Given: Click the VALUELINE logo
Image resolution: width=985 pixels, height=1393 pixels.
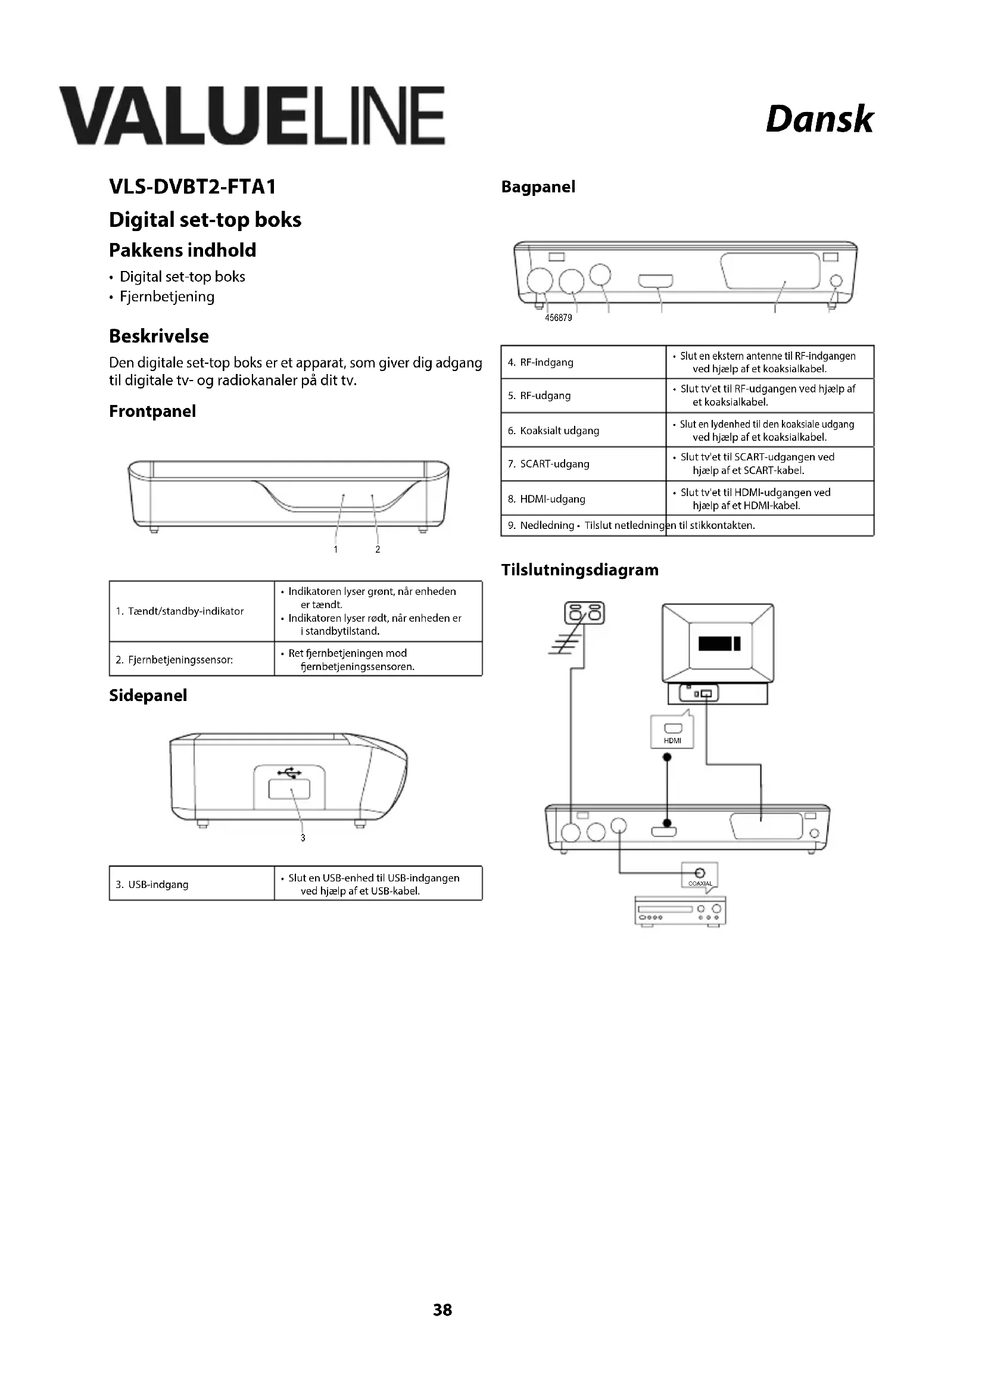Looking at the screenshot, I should [252, 116].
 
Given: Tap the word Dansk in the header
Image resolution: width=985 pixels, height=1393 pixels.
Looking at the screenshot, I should [819, 119].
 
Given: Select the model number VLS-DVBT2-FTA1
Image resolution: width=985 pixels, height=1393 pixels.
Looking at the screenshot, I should [192, 186].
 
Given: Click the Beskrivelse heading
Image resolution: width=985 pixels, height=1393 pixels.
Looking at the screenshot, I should [159, 336].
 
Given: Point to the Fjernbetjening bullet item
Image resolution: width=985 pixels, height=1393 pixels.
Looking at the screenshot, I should [167, 297].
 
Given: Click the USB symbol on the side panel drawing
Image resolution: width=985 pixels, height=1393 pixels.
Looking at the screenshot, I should [289, 773].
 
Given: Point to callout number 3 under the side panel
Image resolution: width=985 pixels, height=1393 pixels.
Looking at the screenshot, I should [303, 838].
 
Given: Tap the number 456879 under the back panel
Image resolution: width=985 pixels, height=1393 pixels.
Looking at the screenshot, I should [558, 318].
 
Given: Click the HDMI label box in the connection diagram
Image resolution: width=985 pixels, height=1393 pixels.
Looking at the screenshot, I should [672, 732].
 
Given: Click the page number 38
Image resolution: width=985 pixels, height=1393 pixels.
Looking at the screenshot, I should [442, 1310].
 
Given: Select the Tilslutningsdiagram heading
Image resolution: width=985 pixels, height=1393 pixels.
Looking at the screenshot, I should [579, 570].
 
